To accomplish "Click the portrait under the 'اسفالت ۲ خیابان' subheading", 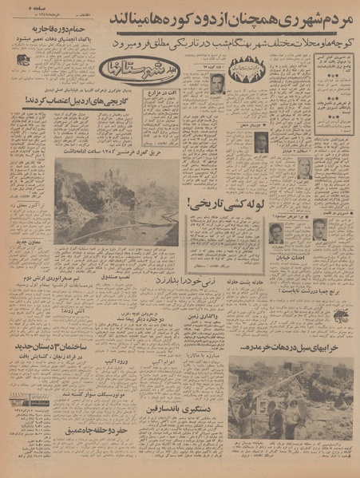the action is (x=304, y=168).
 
